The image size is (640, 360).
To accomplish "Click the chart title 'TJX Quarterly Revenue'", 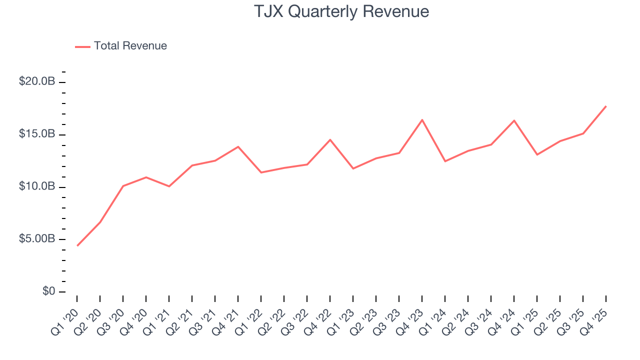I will tap(341, 11).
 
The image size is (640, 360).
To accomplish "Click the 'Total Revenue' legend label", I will tap(130, 46).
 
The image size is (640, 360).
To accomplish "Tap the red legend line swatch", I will tap(82, 46).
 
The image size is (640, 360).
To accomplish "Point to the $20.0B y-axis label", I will tap(36, 81).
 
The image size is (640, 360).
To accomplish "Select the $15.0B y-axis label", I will tap(36, 134).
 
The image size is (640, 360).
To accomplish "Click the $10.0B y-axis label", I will tap(36, 186).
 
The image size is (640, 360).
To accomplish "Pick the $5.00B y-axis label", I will tap(36, 239).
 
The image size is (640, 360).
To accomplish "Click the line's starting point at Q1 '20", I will tap(77, 245).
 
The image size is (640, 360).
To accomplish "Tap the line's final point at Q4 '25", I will tap(606, 106).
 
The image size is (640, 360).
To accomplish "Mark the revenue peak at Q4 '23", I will tap(422, 120).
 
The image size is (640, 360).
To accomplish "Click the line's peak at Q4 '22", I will tap(330, 139).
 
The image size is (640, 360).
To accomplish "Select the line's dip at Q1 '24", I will tap(445, 161).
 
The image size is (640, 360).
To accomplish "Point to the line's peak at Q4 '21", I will tap(238, 146).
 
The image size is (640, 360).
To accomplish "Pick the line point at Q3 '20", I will tap(123, 186).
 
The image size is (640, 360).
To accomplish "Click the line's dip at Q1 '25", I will tap(537, 154).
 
